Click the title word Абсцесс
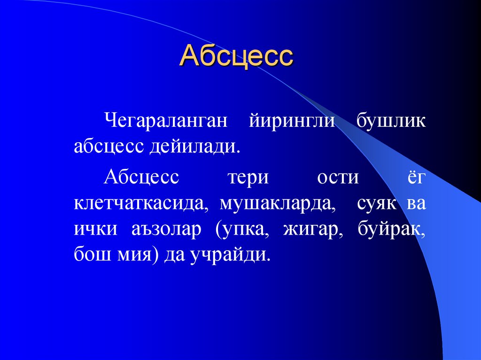point(237,56)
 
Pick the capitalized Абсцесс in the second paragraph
point(141,178)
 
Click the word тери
point(248,178)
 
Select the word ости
point(338,178)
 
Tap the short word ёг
point(415,178)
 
